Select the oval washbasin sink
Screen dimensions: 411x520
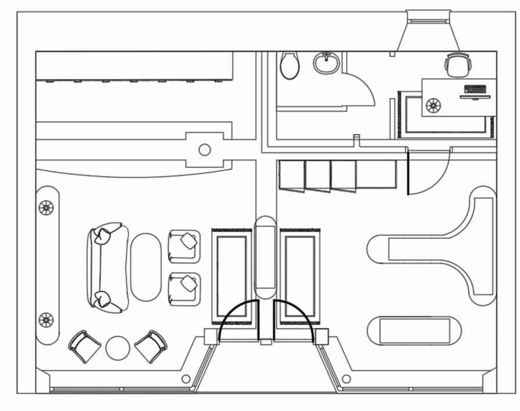coord(327,63)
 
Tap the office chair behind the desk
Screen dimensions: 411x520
coord(457,65)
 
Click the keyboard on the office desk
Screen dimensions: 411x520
coord(475,89)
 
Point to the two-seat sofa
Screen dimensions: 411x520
coord(106,268)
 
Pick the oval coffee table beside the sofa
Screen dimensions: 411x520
coord(145,267)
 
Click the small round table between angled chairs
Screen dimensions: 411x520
coord(117,348)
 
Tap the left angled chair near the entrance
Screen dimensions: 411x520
coord(85,346)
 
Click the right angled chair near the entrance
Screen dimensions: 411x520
coord(151,345)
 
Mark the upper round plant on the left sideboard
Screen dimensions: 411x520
coord(46,208)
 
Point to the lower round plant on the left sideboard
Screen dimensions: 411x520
coord(46,320)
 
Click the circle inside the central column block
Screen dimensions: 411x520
coord(205,150)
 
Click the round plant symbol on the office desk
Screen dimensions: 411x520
coord(433,105)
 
